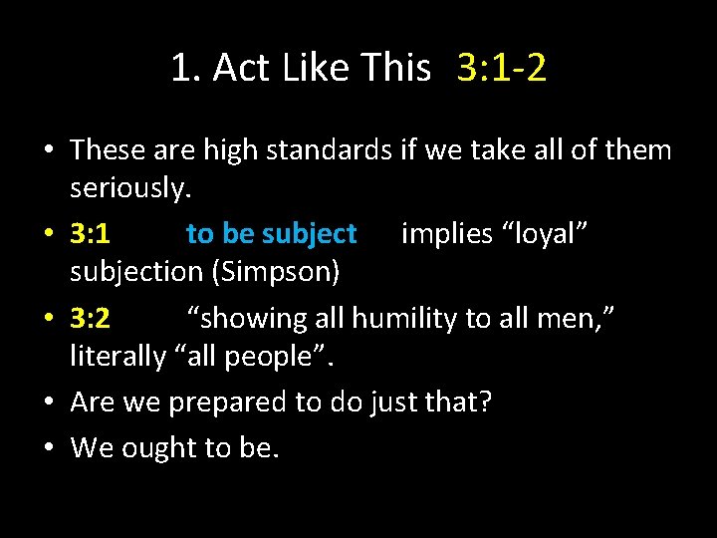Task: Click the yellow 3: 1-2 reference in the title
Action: pos(502,69)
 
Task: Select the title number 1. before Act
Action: pos(186,69)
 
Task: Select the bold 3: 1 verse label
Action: pos(91,234)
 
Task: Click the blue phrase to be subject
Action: pos(271,234)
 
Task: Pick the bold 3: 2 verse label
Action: pos(91,319)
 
